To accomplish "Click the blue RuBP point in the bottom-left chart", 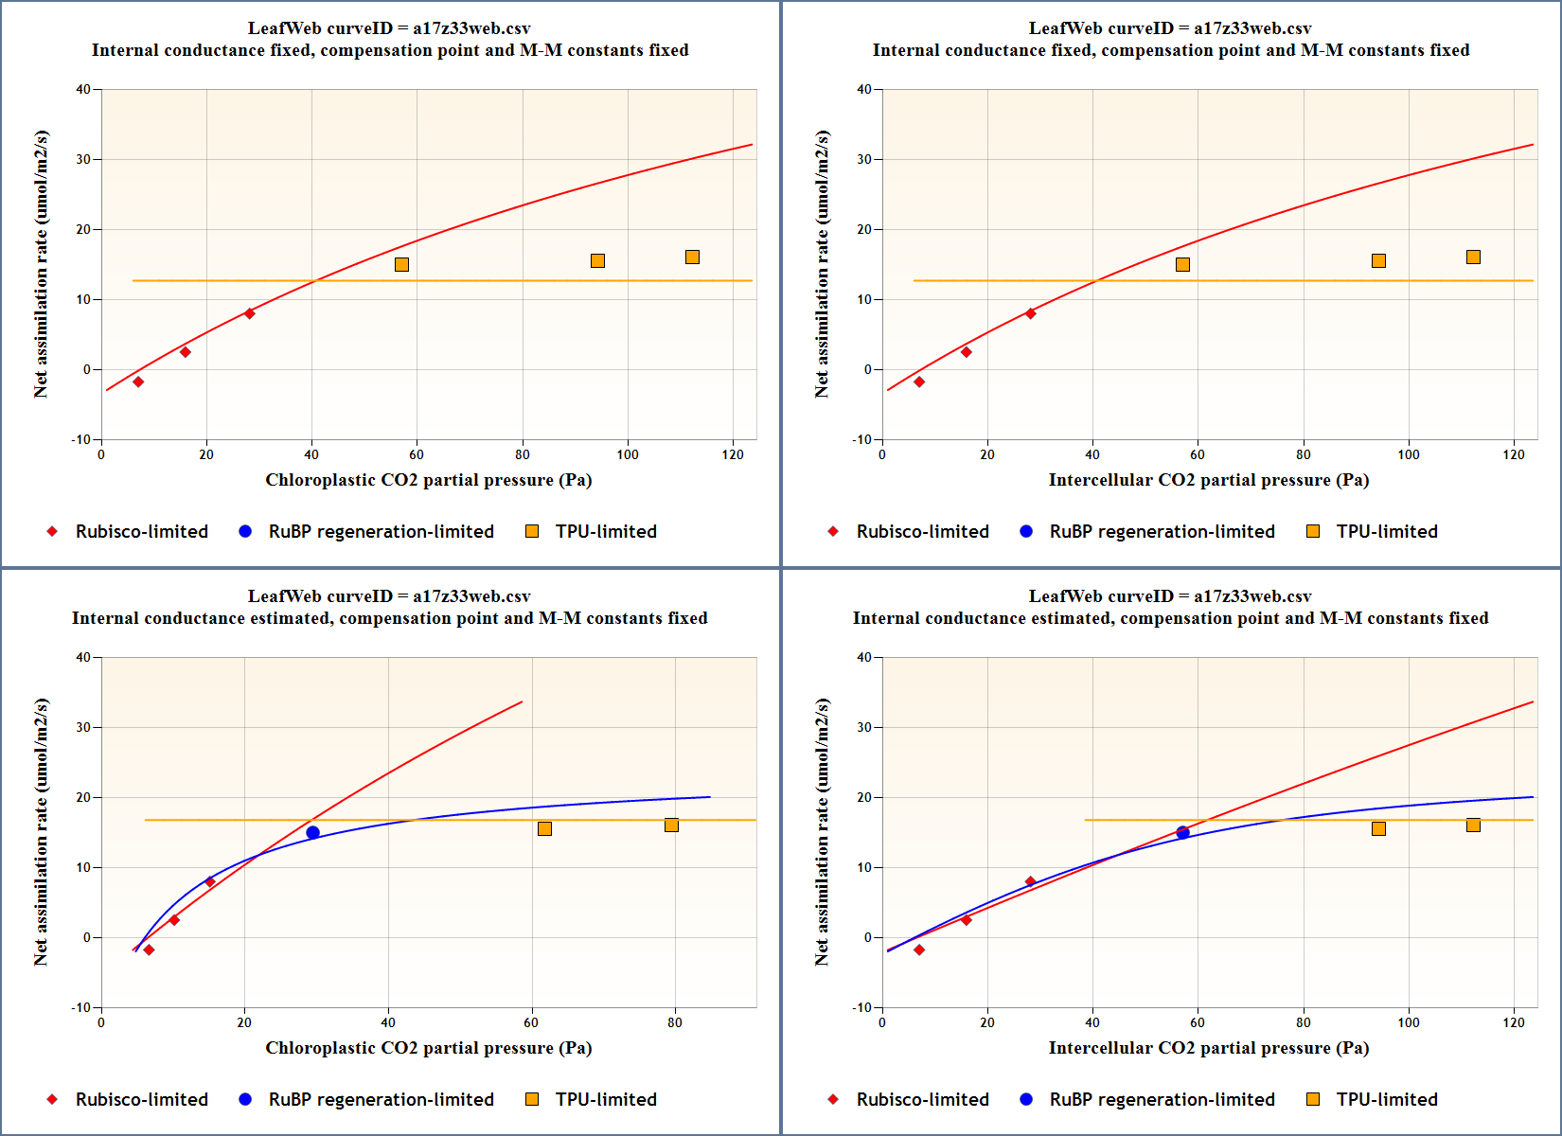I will click(312, 833).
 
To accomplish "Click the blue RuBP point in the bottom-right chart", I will click(1182, 833).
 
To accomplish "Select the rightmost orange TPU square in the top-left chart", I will click(692, 257).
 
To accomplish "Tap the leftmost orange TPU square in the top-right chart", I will click(1182, 265).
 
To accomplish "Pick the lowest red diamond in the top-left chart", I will click(138, 382).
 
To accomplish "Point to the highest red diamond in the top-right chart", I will click(1030, 313).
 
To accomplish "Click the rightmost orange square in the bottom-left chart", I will click(671, 825).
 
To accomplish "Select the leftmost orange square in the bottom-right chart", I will click(1378, 829).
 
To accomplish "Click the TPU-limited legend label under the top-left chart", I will click(606, 532).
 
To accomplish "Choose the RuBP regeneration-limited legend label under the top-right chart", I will click(1162, 532).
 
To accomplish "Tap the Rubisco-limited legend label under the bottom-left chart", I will click(142, 1100).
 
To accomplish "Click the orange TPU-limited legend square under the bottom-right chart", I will click(1313, 1099).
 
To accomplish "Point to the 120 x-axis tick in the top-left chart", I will click(733, 455).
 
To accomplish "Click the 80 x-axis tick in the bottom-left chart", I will click(675, 1023).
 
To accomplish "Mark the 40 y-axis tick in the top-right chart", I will click(863, 90).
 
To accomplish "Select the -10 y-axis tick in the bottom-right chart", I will click(861, 1008).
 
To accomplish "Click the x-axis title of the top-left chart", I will click(428, 480).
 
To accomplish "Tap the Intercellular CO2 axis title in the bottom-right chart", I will click(1208, 1048).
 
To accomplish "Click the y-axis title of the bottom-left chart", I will click(41, 832).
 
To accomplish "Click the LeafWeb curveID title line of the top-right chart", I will click(1170, 28).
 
